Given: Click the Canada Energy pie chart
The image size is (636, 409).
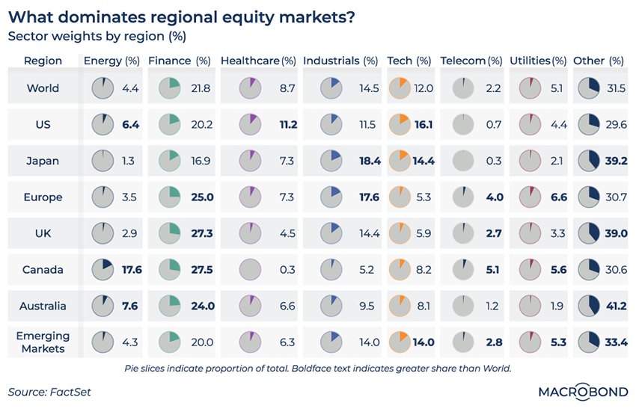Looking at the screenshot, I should point(102,270).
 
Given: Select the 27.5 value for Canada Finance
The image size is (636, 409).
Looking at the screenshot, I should point(202,270).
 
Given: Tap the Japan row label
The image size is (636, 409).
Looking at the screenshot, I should point(43,161).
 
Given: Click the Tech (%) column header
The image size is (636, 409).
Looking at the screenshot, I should point(409,61).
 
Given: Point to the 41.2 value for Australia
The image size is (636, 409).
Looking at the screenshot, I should point(617,306).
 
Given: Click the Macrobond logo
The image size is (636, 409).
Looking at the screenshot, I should point(583,391).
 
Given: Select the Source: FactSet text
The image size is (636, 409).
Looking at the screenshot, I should point(46,391).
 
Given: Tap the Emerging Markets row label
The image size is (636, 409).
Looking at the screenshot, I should point(43,342).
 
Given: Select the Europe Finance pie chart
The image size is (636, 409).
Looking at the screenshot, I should point(171,197).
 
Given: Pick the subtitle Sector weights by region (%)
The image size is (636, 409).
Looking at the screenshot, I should point(97,36).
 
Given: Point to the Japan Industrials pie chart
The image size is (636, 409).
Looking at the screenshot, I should point(332,161).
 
